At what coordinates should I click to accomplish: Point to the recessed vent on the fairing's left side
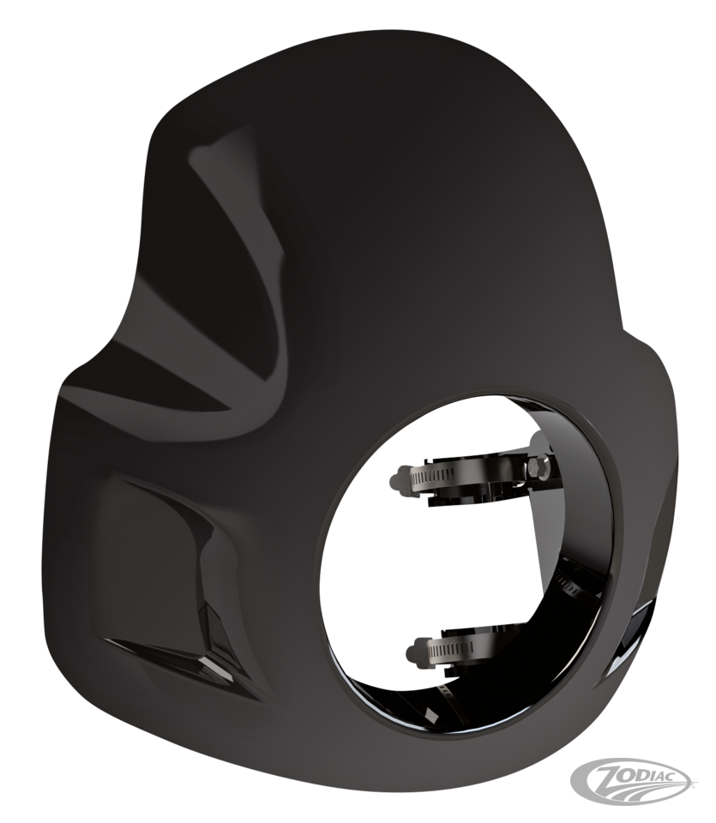pyautogui.click(x=171, y=583)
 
